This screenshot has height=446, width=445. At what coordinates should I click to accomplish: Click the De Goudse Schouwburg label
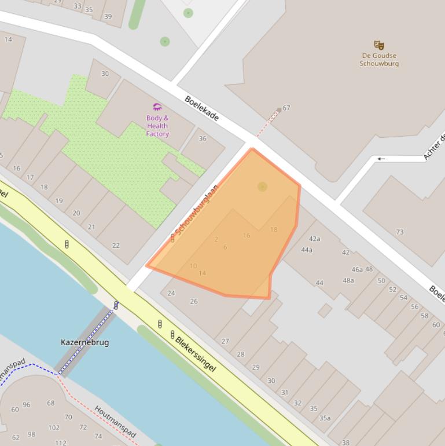coord(379,60)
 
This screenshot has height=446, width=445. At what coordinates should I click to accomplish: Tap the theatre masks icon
coord(379,45)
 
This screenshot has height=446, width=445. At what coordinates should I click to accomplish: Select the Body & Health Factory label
coord(157,126)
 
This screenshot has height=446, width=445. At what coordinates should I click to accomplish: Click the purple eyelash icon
coord(157,107)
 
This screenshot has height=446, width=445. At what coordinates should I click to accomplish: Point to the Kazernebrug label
coord(84,342)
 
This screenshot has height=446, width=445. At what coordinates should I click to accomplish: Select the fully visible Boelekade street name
coord(202,108)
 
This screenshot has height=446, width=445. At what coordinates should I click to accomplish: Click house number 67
coord(286,108)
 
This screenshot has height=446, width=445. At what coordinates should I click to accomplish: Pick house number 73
coord(400,232)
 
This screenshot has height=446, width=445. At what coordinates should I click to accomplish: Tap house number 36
coord(203,138)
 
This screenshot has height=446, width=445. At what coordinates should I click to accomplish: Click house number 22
coord(116,245)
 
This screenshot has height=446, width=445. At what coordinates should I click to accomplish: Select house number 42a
coord(314,239)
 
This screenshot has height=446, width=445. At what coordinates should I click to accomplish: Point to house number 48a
coord(348,280)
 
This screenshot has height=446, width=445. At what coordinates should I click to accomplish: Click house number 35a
coord(325,418)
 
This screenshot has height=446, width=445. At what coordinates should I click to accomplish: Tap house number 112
coord(61,443)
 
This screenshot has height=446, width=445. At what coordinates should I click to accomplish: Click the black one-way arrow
coord(381,159)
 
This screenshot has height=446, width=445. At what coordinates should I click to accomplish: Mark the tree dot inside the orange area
coord(262,187)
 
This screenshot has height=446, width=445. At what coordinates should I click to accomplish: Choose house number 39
coord(108,16)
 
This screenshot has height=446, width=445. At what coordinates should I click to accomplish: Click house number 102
coord(54,427)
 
